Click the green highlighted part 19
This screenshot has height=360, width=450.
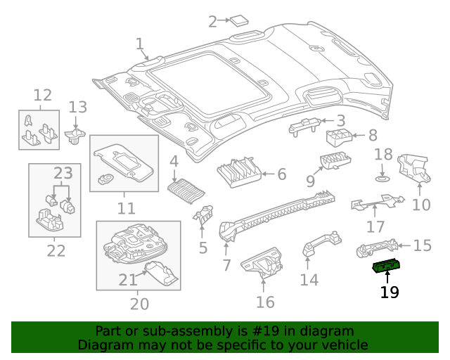click(x=387, y=266)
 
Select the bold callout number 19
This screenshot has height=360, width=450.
click(x=389, y=291)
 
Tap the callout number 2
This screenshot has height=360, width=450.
click(x=212, y=22)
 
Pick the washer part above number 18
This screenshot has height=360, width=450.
click(x=382, y=178)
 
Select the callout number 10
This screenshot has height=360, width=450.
click(x=420, y=205)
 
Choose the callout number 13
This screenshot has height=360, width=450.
click(x=77, y=108)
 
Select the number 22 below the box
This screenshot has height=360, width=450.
click(x=56, y=250)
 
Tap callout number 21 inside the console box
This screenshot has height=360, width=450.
click(x=127, y=280)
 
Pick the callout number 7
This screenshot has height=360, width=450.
click(x=226, y=265)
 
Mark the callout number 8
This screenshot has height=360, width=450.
click(x=372, y=136)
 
